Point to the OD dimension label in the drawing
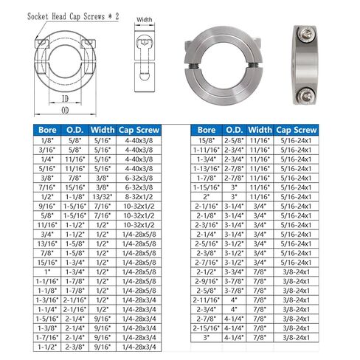(64, 111)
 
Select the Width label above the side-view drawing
(145, 20)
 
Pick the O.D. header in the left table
(75, 128)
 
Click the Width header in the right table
(260, 128)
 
